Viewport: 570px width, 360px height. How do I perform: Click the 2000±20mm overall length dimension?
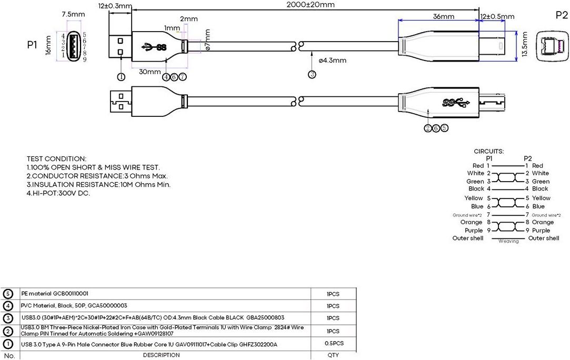[x=311, y=5]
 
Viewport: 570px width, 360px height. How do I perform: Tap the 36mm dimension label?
[x=444, y=16]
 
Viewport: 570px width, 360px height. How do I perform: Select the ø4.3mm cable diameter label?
[x=332, y=61]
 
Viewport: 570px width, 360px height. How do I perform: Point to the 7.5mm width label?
[x=73, y=14]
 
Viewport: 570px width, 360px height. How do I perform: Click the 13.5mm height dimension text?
[x=524, y=44]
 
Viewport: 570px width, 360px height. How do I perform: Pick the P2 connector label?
[x=561, y=15]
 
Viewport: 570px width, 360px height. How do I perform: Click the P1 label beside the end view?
[x=32, y=45]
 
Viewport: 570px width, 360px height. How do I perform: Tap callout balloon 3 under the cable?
[x=312, y=74]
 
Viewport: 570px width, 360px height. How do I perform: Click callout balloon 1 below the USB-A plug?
[x=121, y=76]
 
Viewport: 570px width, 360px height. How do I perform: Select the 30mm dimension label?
[x=150, y=72]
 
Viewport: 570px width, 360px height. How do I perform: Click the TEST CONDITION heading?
[x=56, y=159]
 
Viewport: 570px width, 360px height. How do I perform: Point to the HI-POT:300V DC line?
[x=58, y=193]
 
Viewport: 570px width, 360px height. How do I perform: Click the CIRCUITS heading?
[x=488, y=151]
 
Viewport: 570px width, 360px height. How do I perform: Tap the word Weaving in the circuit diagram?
[x=508, y=241]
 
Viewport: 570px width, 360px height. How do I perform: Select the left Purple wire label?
[x=474, y=231]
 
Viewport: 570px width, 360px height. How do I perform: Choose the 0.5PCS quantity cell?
[x=334, y=343]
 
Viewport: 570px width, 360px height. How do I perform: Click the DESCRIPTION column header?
[x=162, y=355]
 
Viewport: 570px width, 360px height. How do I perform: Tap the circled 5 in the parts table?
[x=8, y=294]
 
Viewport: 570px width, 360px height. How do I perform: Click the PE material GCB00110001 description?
[x=55, y=294]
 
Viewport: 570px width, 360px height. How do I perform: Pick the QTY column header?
[x=333, y=355]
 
